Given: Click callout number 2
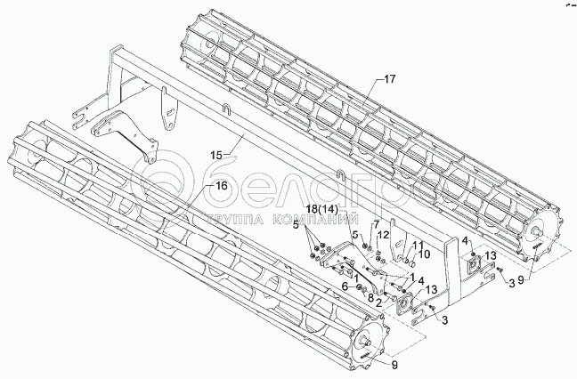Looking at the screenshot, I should click(x=378, y=302).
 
